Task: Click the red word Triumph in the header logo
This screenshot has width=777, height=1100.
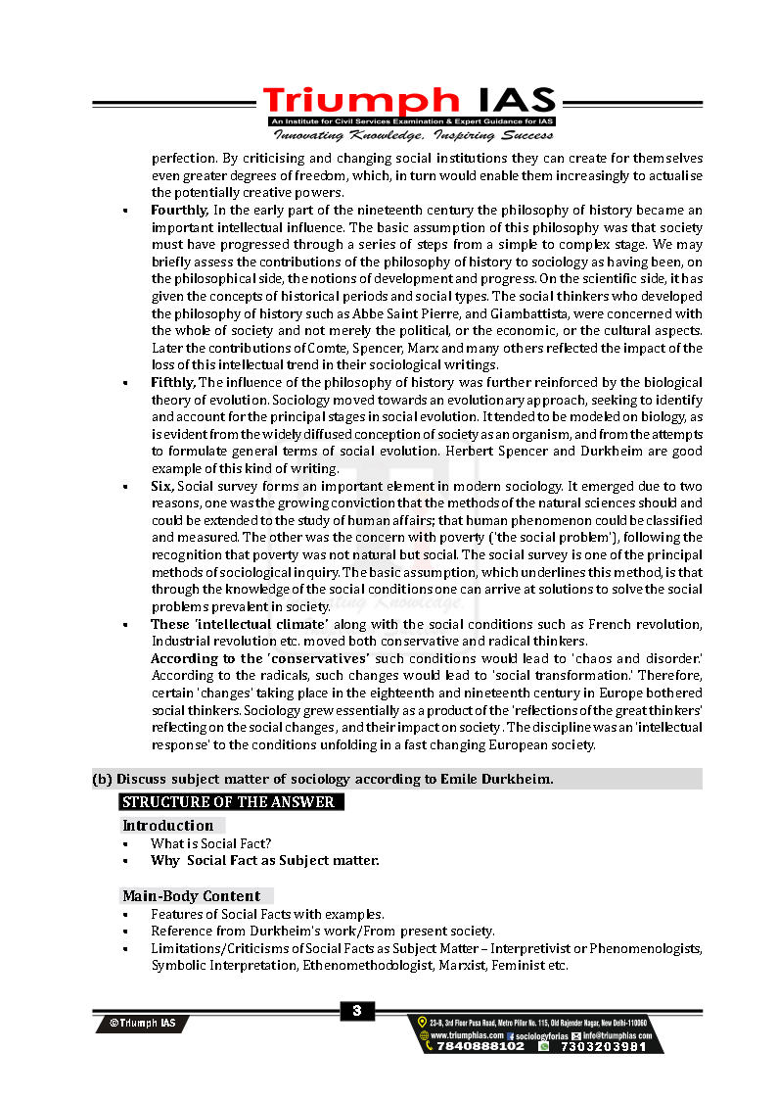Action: pyautogui.click(x=359, y=101)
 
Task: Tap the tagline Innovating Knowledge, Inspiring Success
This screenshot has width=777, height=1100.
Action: pyautogui.click(x=412, y=135)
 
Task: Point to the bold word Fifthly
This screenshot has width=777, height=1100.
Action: pyautogui.click(x=173, y=382)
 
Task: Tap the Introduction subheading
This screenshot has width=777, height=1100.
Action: pyautogui.click(x=167, y=826)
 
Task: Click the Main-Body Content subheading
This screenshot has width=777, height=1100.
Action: pyautogui.click(x=191, y=896)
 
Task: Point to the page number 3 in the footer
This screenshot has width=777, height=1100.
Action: pyautogui.click(x=357, y=1011)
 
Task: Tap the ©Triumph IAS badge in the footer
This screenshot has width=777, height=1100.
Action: pyautogui.click(x=143, y=1023)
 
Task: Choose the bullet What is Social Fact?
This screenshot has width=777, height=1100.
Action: pyautogui.click(x=210, y=843)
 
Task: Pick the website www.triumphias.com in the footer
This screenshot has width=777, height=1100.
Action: pyautogui.click(x=467, y=1034)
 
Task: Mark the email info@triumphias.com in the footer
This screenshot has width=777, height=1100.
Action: pyautogui.click(x=616, y=1034)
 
